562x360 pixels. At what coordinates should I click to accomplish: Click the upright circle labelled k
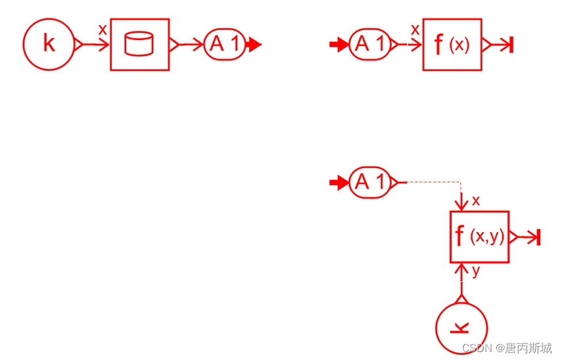tap(49, 44)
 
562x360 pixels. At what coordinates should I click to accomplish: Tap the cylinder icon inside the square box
tap(139, 44)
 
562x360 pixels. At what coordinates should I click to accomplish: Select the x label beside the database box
tap(103, 30)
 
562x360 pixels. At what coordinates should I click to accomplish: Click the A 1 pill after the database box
tap(225, 44)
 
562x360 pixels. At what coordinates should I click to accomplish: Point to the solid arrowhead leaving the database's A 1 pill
tap(254, 45)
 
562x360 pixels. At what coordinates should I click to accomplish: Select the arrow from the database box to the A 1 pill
tap(190, 45)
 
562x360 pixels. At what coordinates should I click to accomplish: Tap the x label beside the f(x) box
tap(415, 30)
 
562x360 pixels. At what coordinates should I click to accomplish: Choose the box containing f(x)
tap(452, 44)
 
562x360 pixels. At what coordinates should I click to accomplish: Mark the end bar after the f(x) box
tap(511, 45)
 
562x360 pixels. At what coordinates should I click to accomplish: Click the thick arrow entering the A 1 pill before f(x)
tap(339, 45)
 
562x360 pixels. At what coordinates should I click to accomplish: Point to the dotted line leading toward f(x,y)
tap(431, 182)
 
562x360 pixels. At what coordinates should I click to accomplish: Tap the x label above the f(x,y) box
tap(476, 201)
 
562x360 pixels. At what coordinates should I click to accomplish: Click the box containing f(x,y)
tap(480, 236)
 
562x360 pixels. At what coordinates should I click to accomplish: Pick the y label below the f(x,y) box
tap(476, 271)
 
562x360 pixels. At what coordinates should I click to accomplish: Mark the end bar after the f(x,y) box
tap(538, 237)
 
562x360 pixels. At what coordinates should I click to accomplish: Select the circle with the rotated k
tap(461, 327)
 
